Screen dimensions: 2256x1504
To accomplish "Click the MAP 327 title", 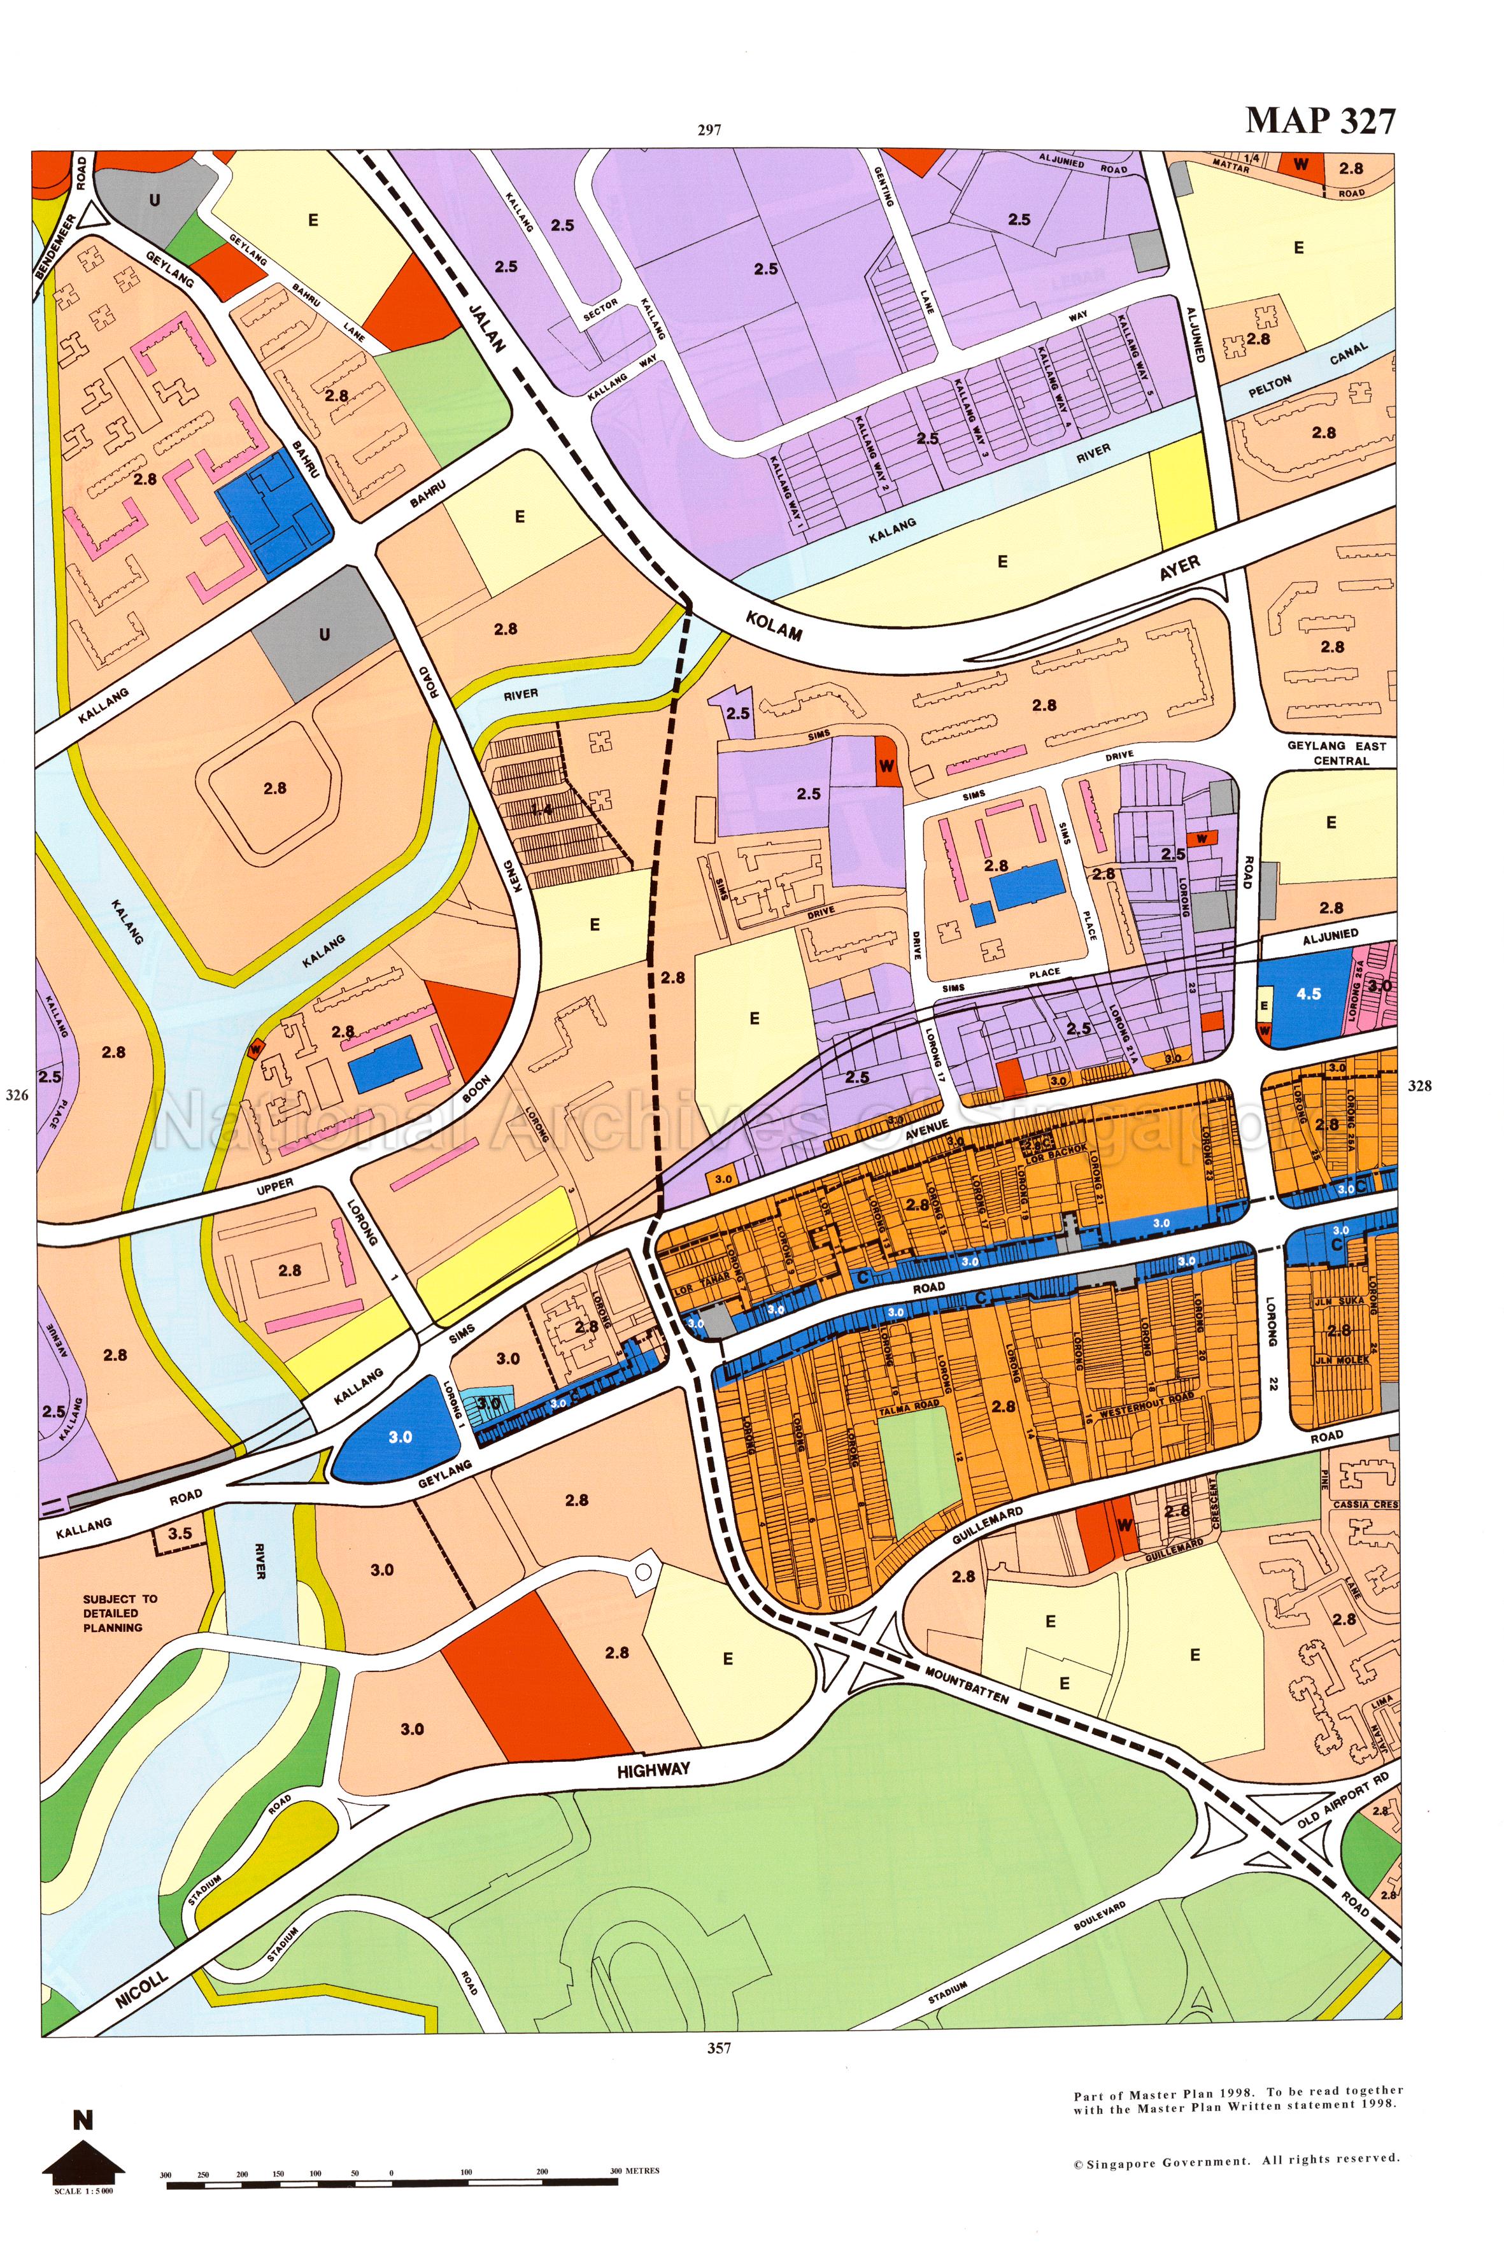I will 1320,121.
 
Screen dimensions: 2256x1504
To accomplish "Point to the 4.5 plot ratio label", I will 1309,994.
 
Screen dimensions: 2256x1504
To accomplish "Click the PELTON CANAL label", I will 1307,372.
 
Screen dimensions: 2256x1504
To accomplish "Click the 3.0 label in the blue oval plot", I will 400,1437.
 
